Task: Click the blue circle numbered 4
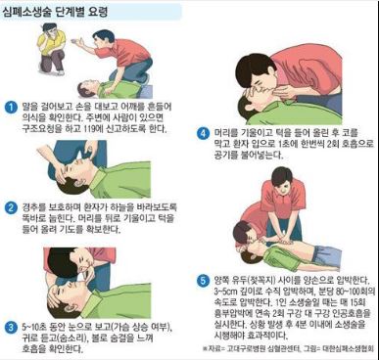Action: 204,135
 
